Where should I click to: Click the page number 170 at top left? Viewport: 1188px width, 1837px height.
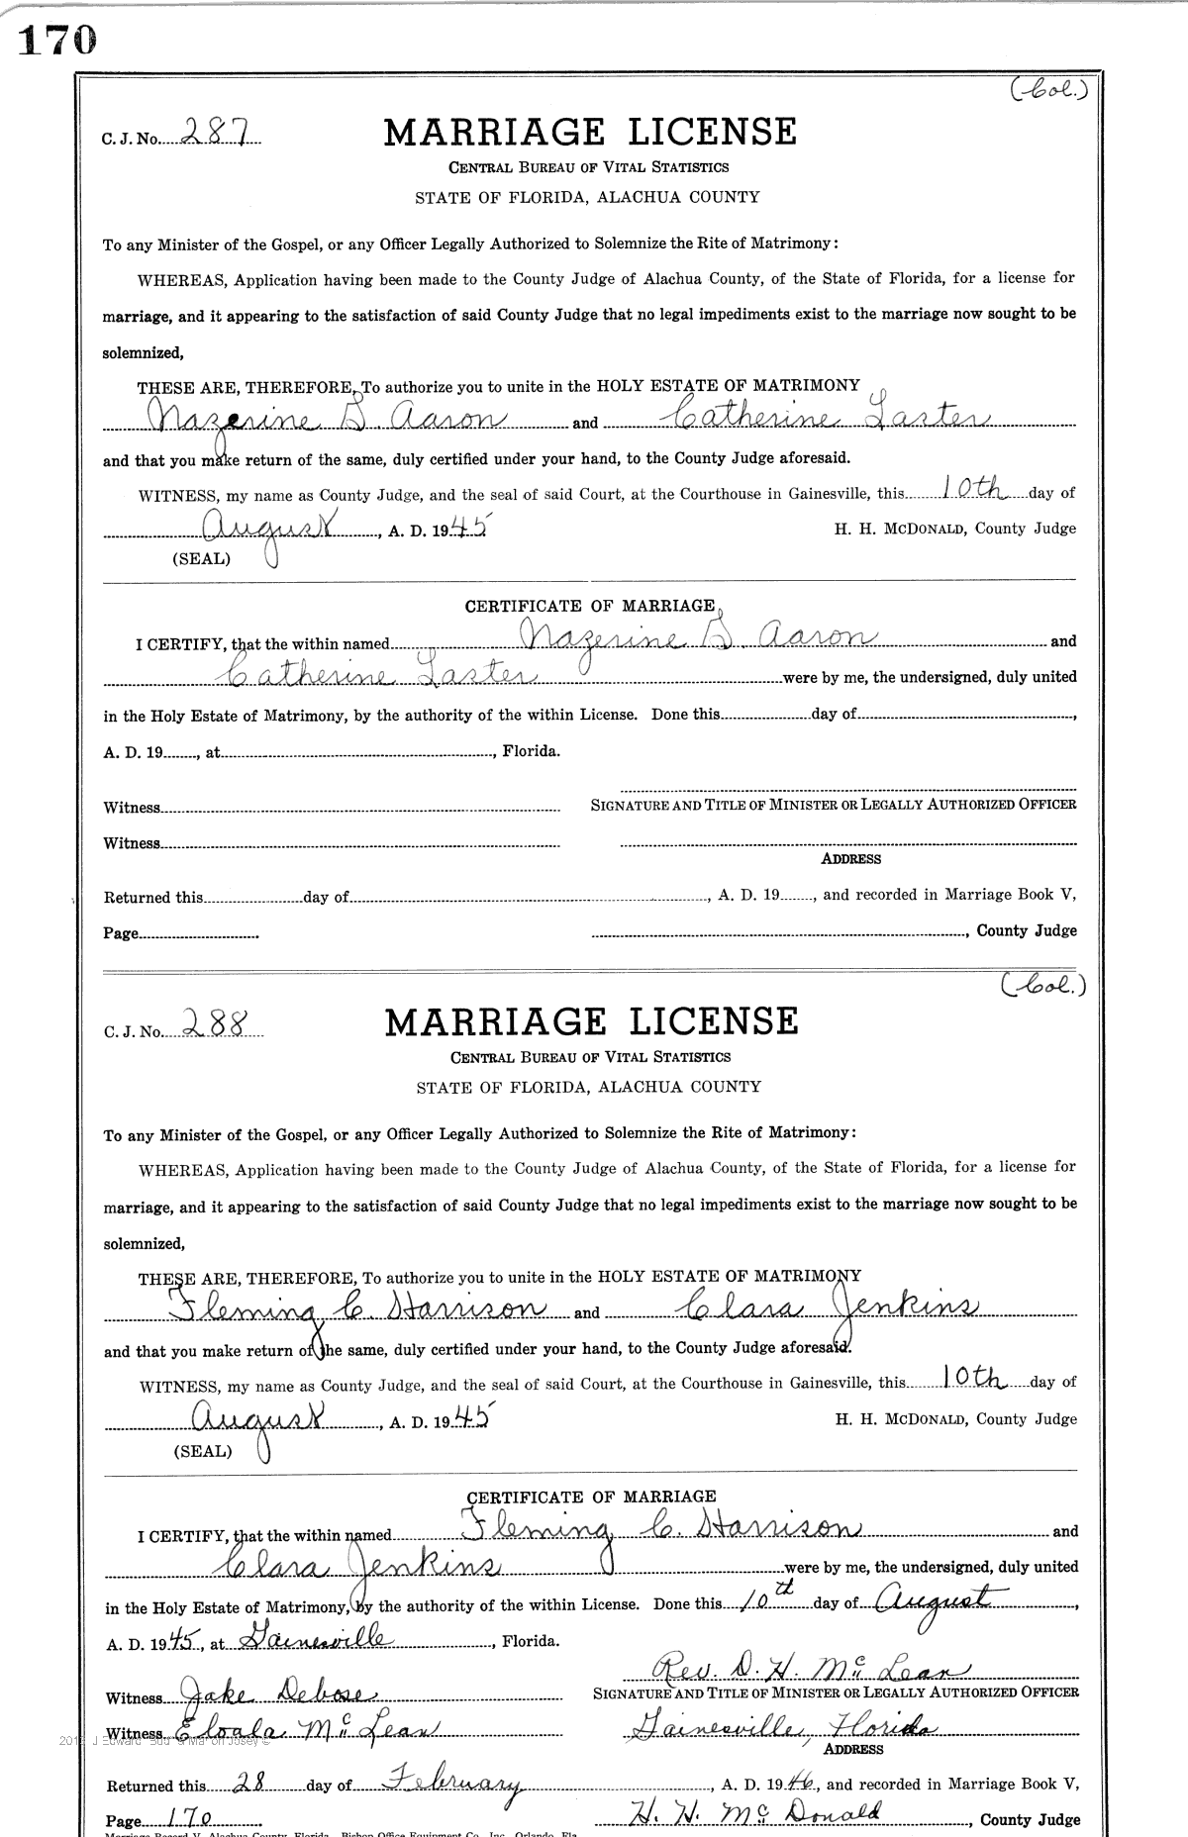point(57,39)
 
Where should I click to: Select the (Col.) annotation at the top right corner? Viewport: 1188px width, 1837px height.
point(1048,91)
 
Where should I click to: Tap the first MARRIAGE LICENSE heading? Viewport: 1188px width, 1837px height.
point(589,133)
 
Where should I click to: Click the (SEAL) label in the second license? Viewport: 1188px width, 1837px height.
point(203,1451)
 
